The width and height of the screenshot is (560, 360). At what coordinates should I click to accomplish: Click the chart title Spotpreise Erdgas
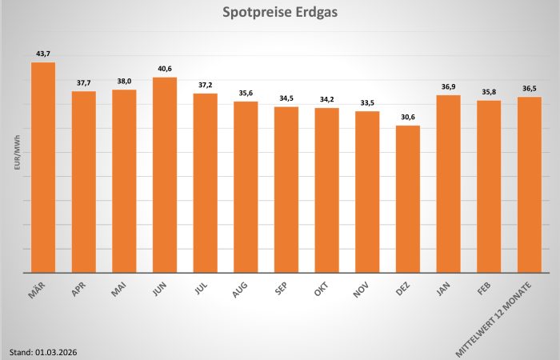(x=279, y=14)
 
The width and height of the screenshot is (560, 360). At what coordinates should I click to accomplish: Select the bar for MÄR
(x=43, y=168)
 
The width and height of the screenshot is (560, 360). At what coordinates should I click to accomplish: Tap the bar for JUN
(x=165, y=175)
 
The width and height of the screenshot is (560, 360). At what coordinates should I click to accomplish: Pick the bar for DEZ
(x=408, y=199)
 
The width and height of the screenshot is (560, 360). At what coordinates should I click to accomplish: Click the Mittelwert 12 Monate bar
(x=530, y=185)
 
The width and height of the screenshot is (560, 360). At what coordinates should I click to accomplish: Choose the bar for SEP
(x=286, y=190)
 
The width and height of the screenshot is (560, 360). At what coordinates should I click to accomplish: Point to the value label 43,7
(x=43, y=54)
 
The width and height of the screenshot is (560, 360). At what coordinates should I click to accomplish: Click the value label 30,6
(x=408, y=117)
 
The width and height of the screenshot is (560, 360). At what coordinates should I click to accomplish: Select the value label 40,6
(x=165, y=69)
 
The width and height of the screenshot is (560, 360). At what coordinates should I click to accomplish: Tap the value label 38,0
(x=124, y=81)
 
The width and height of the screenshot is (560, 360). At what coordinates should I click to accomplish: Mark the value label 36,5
(x=530, y=88)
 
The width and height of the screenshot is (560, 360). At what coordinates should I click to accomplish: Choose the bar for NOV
(x=367, y=192)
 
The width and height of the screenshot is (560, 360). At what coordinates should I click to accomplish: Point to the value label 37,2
(x=206, y=85)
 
